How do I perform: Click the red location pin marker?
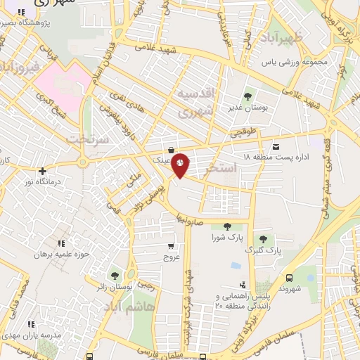tap(180, 165)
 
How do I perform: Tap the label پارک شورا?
tap(227, 238)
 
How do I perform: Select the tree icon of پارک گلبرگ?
tap(263, 240)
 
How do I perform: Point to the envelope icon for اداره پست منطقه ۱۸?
tap(275, 146)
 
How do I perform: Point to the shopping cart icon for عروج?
tap(171, 247)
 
